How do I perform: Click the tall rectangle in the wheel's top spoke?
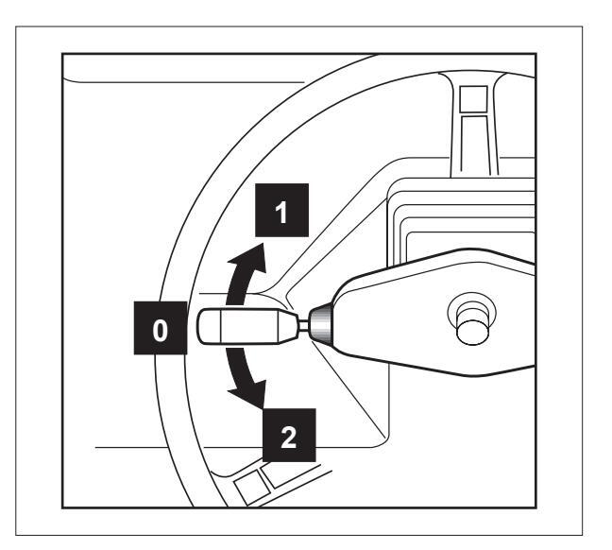pos(471,137)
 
